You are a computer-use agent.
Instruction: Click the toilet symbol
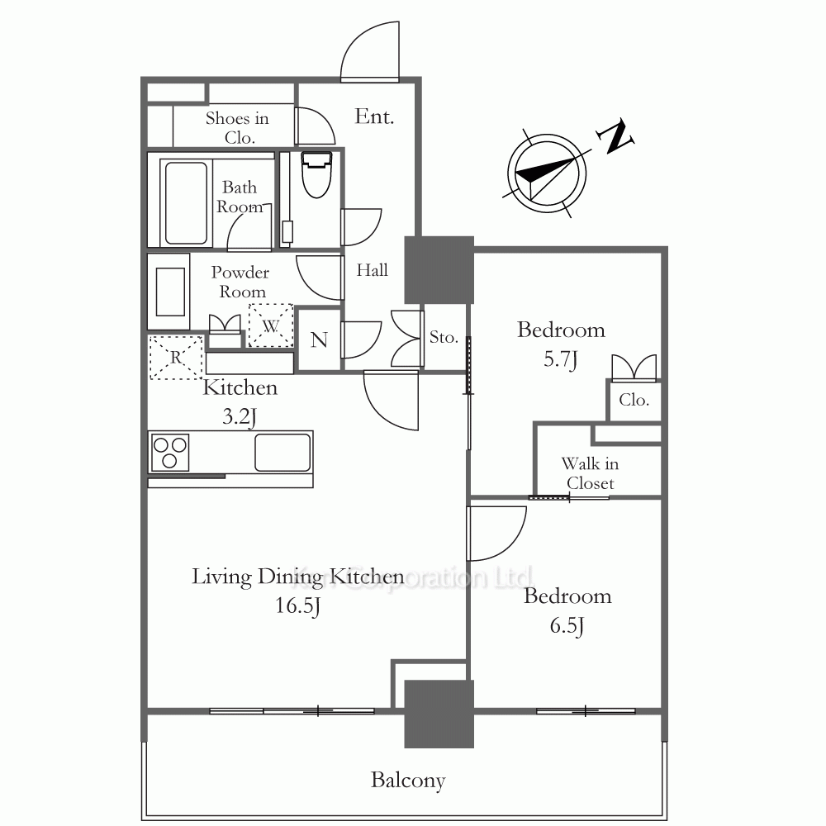(316, 174)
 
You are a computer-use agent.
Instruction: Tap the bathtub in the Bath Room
(185, 203)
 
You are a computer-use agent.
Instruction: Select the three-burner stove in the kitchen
(169, 453)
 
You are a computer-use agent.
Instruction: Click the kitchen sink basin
(282, 452)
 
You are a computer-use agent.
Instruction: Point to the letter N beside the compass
(615, 136)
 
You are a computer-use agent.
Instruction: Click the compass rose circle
(547, 173)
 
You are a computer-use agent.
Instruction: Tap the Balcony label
(408, 781)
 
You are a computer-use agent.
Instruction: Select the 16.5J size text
(297, 605)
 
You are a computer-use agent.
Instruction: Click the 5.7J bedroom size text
(561, 359)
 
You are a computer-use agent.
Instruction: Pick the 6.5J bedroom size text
(567, 626)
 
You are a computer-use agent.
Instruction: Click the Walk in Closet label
(590, 473)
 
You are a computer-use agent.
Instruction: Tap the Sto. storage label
(444, 337)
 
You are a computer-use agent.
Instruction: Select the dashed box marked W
(271, 325)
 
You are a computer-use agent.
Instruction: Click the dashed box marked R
(175, 357)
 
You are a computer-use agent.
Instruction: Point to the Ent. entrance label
(374, 116)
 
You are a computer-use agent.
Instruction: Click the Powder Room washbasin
(169, 292)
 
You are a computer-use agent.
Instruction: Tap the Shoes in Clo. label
(238, 127)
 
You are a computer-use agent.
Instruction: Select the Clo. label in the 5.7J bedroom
(634, 400)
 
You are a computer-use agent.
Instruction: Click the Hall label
(372, 270)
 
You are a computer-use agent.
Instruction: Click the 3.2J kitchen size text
(240, 416)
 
